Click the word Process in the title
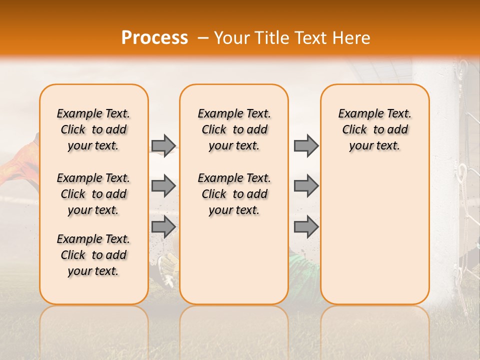(x=154, y=38)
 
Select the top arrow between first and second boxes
(x=163, y=145)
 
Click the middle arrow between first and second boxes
(x=163, y=186)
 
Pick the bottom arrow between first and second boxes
(x=163, y=227)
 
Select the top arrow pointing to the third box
(x=306, y=145)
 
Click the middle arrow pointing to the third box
(x=306, y=186)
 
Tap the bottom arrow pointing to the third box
(x=306, y=227)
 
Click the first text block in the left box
(x=93, y=129)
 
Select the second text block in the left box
(x=93, y=194)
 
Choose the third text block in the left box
(x=93, y=255)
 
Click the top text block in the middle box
(x=234, y=129)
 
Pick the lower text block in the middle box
(x=234, y=194)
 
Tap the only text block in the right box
(x=375, y=129)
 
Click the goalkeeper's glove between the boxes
(x=167, y=267)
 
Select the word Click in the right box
(x=354, y=130)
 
